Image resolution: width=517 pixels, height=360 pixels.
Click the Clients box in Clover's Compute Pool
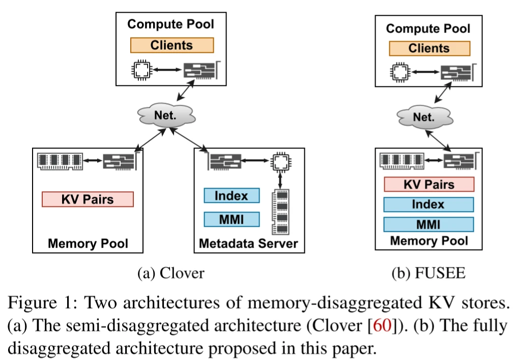click(171, 45)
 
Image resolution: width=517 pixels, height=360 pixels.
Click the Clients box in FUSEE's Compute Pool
click(429, 48)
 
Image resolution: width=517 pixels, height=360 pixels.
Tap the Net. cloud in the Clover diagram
click(165, 115)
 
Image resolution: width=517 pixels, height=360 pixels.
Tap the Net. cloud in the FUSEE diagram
click(423, 118)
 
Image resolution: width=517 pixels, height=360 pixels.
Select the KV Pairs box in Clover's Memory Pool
click(88, 199)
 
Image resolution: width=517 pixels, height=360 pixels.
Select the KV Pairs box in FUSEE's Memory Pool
click(428, 184)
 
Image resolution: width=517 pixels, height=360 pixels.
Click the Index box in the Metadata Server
click(232, 196)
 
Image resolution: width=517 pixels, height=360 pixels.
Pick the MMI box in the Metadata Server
click(232, 220)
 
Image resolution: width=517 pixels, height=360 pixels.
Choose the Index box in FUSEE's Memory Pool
click(428, 204)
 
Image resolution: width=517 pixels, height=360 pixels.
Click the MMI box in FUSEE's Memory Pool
click(428, 224)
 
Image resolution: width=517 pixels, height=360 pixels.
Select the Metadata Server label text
click(248, 244)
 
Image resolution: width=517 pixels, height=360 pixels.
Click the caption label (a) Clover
click(171, 273)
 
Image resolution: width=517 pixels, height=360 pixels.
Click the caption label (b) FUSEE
click(428, 273)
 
